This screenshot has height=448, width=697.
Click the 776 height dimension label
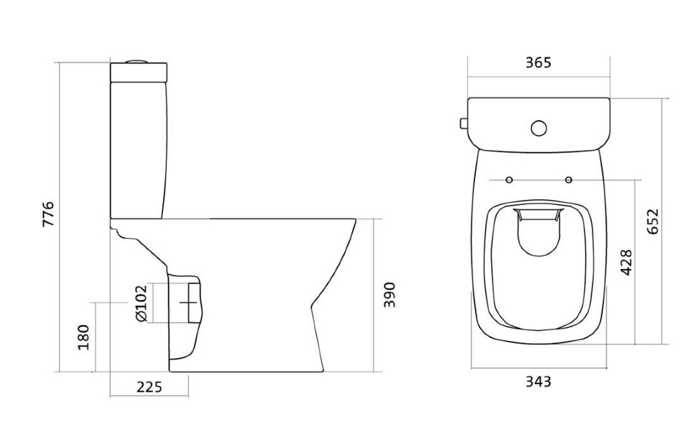click(x=48, y=214)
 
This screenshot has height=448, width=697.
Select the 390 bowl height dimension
click(x=389, y=295)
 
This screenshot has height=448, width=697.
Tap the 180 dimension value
click(x=83, y=337)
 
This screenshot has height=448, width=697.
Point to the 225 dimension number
click(x=149, y=387)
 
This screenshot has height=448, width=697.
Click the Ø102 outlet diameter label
click(x=140, y=303)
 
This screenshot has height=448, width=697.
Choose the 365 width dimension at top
click(x=538, y=63)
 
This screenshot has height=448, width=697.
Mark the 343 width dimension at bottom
click(x=538, y=381)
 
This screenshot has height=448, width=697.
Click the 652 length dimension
click(x=653, y=221)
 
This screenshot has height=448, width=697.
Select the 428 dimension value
click(x=626, y=262)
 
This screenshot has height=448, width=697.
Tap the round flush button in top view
click(x=539, y=128)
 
